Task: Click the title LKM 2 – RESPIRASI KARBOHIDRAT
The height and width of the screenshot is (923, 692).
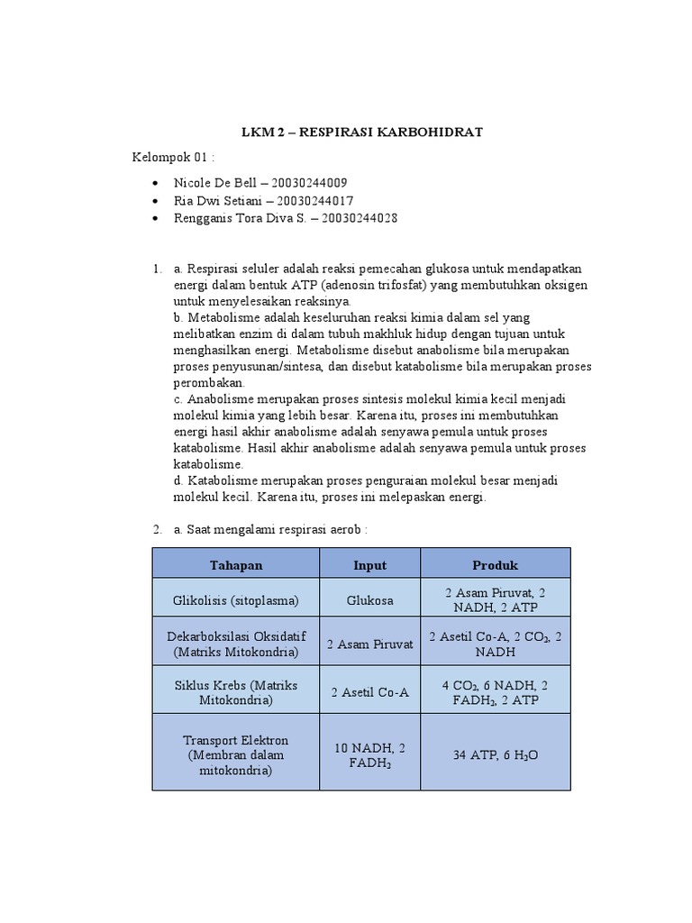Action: (362, 133)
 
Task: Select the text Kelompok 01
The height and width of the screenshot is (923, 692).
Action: (170, 159)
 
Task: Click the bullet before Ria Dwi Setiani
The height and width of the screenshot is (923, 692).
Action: (159, 201)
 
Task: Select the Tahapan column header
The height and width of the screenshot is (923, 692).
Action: (236, 565)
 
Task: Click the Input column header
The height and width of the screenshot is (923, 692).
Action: (369, 565)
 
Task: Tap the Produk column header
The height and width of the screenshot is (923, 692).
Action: (496, 565)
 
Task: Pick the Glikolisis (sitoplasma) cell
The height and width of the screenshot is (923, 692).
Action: (236, 600)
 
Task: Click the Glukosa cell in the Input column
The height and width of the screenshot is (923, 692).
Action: (369, 600)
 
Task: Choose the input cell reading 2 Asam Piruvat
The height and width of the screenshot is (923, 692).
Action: (369, 644)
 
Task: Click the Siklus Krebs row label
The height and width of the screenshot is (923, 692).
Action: (236, 690)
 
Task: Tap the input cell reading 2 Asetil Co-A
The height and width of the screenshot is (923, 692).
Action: (369, 691)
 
